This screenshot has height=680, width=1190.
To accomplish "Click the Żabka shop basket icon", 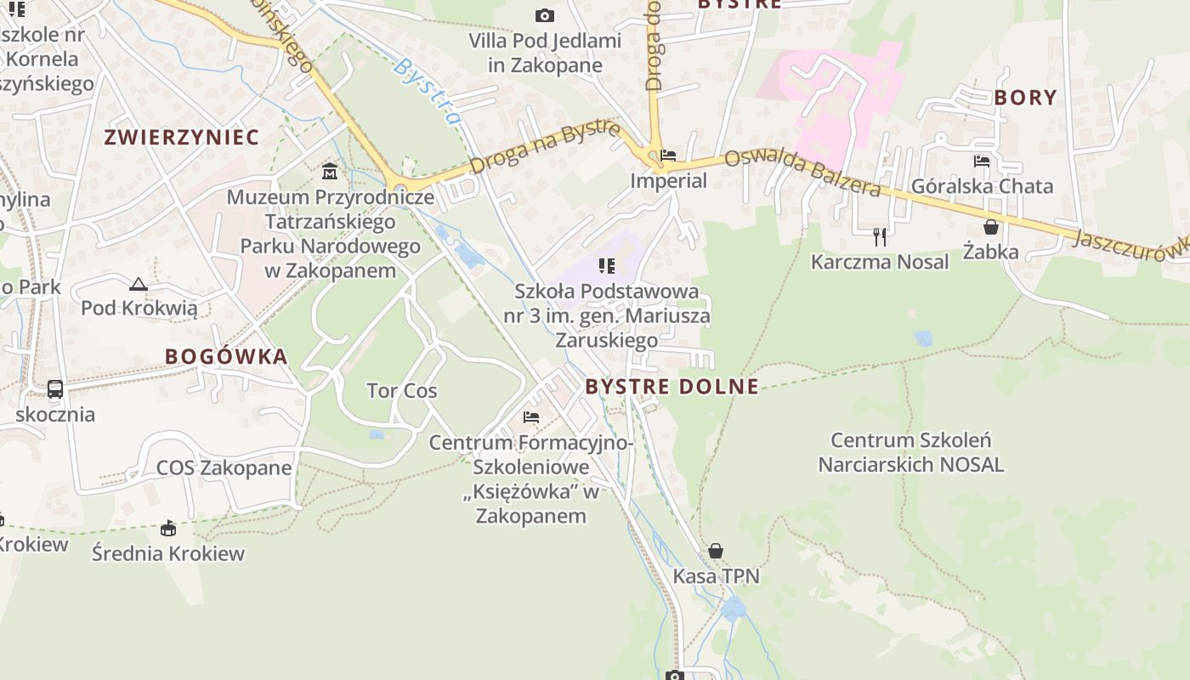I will point(990,227).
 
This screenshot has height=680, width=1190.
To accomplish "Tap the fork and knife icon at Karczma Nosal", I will point(880,236).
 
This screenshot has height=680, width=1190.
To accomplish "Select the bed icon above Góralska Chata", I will point(982,161).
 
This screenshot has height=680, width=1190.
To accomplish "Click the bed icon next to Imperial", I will point(668,156).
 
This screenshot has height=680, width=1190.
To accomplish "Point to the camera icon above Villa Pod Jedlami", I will point(545,15).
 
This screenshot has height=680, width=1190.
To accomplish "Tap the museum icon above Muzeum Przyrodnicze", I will point(330,172).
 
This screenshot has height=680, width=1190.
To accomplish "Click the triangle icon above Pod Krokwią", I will point(139,283).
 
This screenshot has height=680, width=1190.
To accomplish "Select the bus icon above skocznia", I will point(55,389).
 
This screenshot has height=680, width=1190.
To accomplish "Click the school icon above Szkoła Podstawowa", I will point(606,266).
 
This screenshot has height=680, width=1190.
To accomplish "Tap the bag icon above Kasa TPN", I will point(716,551).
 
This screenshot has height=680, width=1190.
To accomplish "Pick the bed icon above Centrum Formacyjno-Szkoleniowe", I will point(531,417).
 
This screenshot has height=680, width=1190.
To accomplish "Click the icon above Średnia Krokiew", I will point(168,528).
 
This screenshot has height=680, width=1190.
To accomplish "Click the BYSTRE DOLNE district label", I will point(671,387).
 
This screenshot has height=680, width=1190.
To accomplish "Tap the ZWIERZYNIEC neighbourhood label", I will point(181,137).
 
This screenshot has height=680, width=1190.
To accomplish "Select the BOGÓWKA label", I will point(226,356).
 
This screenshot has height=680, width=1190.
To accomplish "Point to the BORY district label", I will point(1025,98).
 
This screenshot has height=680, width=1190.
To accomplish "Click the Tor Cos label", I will point(401,391).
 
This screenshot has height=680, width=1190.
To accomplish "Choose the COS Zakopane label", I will point(224,467).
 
